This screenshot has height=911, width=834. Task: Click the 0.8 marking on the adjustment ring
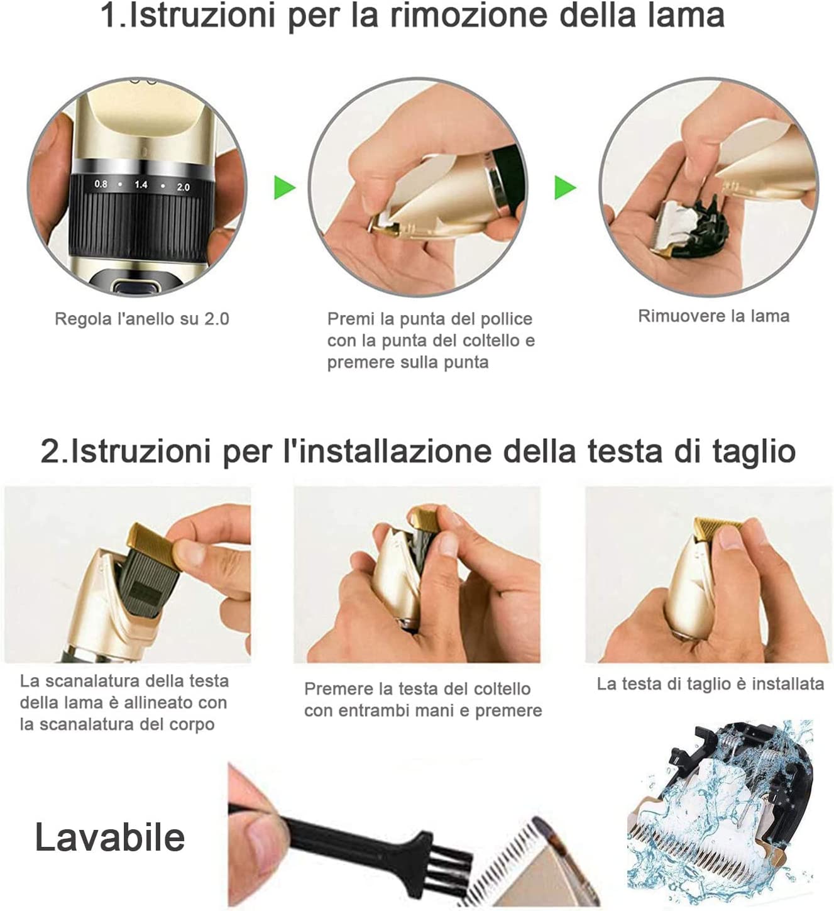click(101, 184)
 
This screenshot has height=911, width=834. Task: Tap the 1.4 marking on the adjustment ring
click(141, 185)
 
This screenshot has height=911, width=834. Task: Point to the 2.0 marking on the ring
click(183, 187)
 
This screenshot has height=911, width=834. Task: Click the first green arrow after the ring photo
click(285, 187)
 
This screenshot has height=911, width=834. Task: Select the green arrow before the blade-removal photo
click(565, 187)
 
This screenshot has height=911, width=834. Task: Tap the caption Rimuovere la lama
click(714, 316)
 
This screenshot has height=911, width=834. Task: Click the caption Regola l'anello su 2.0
click(141, 319)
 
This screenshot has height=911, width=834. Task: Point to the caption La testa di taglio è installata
click(710, 684)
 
